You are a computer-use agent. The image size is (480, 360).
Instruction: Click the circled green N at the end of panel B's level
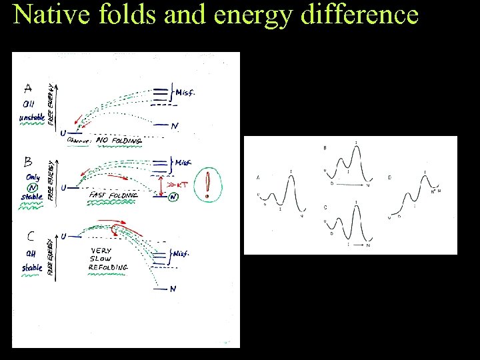point(173,197)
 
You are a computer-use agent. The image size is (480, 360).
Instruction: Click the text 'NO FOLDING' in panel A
point(119,140)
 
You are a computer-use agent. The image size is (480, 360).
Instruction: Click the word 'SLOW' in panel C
point(100,259)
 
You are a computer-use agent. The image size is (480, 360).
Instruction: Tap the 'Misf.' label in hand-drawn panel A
point(185,93)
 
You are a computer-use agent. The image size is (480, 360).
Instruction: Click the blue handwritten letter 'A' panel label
point(29,87)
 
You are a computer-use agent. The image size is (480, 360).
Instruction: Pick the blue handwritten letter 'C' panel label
point(31,235)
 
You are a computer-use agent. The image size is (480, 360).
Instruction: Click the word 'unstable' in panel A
point(32,117)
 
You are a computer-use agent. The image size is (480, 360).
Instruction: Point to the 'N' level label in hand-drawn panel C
point(173,289)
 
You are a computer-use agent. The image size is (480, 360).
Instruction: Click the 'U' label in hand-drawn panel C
point(63,236)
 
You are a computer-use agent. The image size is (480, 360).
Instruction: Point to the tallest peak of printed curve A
point(291,175)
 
